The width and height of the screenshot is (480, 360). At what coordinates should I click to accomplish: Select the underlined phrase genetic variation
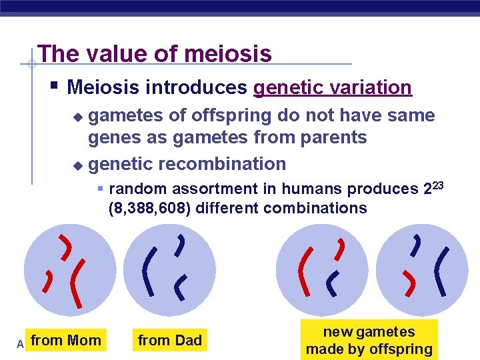(x=333, y=87)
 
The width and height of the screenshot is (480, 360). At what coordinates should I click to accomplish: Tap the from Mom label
(x=66, y=341)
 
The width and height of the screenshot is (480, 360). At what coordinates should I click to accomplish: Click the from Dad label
(x=169, y=341)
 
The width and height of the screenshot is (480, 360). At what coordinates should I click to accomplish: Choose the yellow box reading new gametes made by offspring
(x=369, y=340)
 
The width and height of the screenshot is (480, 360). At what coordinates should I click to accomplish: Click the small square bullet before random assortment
(x=101, y=189)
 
